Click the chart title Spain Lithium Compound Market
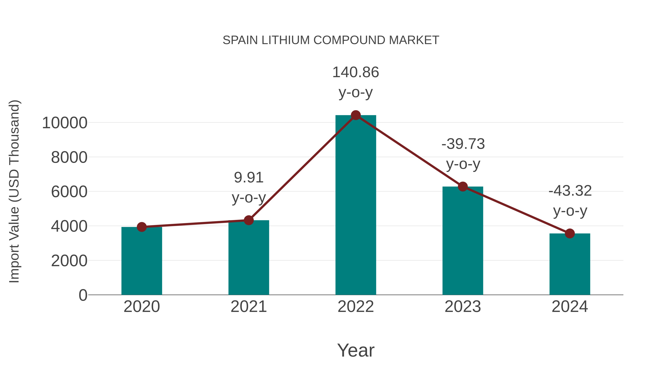point(331,40)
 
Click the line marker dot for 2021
point(248,220)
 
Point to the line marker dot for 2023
point(463,186)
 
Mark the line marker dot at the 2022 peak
point(356,115)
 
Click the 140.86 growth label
point(356,72)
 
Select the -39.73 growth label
point(463,144)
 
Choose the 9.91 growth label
point(248,177)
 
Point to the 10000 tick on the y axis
point(65,123)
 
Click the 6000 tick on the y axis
point(69,192)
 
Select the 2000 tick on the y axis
point(69,261)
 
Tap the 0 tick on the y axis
point(83,295)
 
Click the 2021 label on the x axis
point(248,307)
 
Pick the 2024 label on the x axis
point(570,307)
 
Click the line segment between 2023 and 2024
point(516,210)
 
